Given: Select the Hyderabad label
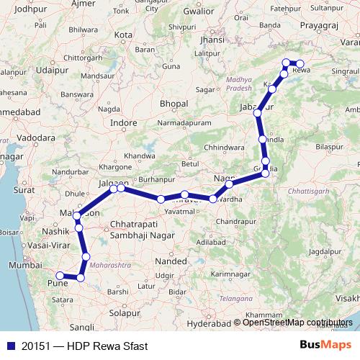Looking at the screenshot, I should pos(188,325).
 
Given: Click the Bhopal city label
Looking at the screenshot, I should pos(174,104).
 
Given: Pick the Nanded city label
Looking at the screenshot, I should pos(167,264).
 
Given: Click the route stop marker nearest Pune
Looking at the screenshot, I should pos(60,275).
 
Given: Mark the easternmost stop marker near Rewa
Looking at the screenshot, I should pos(301,64).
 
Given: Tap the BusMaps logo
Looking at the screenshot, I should pos(325,346).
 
